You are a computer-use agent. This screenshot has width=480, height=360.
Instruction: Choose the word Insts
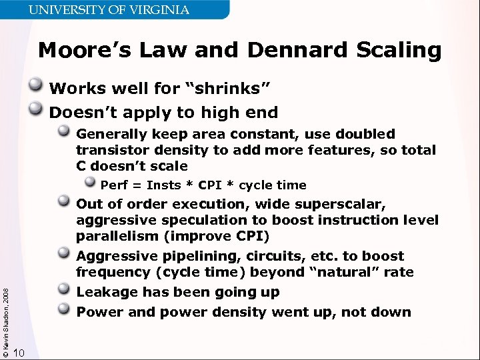(163, 185)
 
